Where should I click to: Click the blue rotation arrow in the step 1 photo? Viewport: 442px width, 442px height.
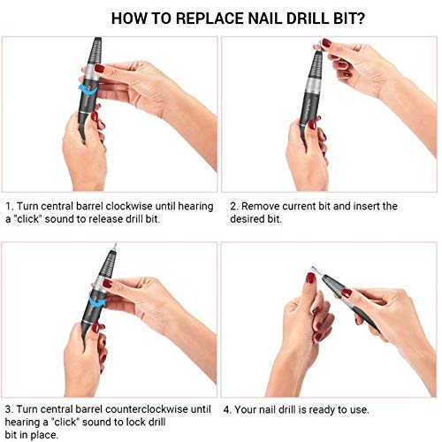click(89, 88)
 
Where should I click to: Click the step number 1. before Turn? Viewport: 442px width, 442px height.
click(9, 206)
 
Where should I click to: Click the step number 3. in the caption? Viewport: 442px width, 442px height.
click(9, 409)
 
